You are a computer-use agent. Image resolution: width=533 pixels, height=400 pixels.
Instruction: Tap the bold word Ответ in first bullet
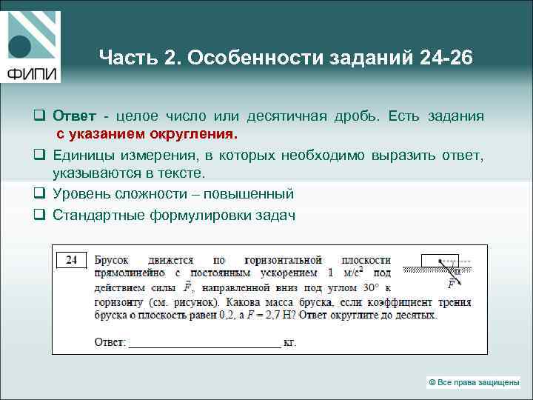(x=73, y=116)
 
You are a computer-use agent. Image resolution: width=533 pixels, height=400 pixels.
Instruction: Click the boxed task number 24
(x=72, y=260)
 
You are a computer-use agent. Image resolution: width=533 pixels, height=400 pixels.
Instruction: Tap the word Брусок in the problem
(x=112, y=260)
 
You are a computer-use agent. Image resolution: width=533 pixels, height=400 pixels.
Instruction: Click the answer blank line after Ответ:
(x=205, y=343)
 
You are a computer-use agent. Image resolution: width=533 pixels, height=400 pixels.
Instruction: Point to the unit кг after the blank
(x=290, y=343)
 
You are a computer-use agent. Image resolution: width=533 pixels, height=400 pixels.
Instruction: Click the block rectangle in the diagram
(x=440, y=260)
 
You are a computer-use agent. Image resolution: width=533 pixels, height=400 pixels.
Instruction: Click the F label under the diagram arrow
(x=451, y=283)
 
